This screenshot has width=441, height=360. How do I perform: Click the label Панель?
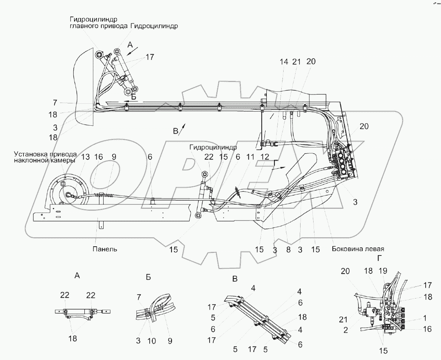pyautogui.click(x=104, y=249)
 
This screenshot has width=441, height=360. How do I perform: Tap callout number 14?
pyautogui.click(x=284, y=61)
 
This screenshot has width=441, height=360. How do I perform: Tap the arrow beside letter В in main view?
pyautogui.click(x=184, y=126)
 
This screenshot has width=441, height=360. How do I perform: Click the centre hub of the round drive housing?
pyautogui.click(x=69, y=195)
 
